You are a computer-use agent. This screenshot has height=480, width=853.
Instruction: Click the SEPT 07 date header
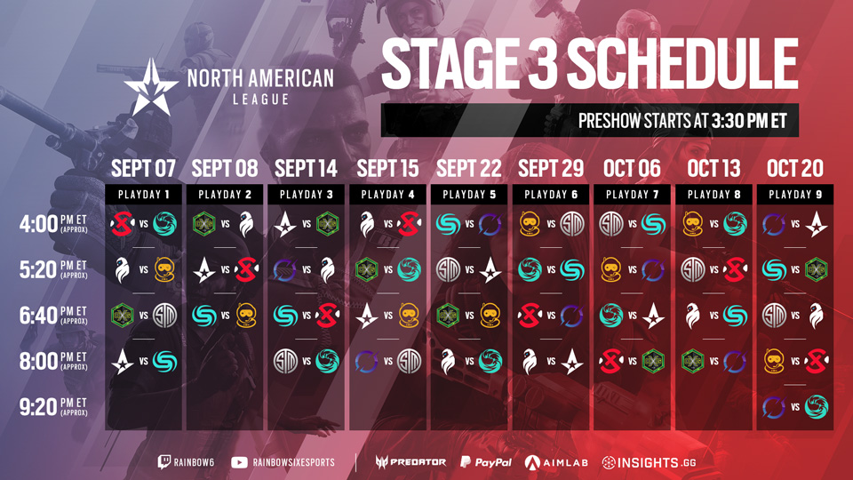[143, 169]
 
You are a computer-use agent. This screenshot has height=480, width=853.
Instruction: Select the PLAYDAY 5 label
[469, 195]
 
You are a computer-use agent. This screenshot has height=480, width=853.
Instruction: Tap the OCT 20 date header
[794, 169]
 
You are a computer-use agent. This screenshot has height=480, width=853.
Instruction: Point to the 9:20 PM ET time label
[53, 406]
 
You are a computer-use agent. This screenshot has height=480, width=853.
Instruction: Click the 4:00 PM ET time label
[53, 224]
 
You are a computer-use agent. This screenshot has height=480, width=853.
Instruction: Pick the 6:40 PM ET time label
[53, 315]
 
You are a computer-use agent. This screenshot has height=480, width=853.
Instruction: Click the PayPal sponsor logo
[486, 462]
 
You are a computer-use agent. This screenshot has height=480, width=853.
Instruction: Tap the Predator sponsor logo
[411, 462]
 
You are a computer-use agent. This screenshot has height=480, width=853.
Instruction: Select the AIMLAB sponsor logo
[556, 462]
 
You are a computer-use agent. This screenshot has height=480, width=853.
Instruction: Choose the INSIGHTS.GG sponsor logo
[649, 462]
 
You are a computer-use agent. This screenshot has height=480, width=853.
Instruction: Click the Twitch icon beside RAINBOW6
[163, 462]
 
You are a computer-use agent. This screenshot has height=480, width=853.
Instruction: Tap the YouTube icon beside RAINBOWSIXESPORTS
[239, 462]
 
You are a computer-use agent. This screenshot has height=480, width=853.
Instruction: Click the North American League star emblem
[151, 87]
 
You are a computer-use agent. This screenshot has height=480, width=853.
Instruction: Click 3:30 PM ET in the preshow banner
[749, 120]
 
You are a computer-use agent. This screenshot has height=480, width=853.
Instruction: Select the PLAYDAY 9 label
[795, 195]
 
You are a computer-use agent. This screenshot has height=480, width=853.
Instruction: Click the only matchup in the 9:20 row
[794, 406]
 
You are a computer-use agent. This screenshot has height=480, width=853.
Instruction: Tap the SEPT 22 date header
[469, 169]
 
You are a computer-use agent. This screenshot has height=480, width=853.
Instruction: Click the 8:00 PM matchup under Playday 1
[144, 361]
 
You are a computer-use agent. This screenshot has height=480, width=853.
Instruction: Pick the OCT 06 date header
[632, 169]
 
